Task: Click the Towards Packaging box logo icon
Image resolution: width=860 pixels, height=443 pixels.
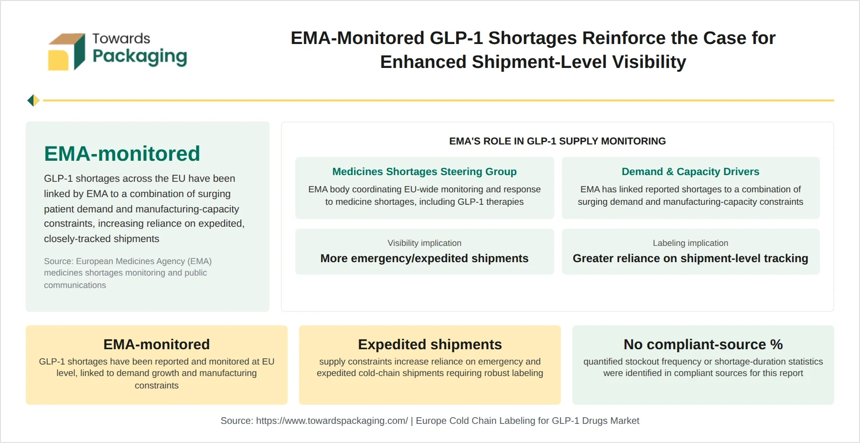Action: [x=66, y=52]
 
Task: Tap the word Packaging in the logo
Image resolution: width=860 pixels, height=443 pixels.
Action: [x=140, y=57]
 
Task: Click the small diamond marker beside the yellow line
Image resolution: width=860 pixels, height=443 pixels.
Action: [x=33, y=100]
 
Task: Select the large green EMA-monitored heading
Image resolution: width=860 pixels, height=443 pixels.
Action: [x=122, y=154]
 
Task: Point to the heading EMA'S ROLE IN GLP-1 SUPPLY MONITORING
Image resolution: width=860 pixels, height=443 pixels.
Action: [x=557, y=141]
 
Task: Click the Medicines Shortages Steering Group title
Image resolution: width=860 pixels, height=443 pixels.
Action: [x=424, y=171]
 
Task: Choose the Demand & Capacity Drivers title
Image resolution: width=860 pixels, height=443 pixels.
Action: [x=690, y=171]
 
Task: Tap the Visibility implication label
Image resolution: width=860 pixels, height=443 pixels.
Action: [x=424, y=243]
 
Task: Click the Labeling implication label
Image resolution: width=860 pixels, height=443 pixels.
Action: [x=690, y=243]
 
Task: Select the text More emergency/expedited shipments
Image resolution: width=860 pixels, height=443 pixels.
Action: [x=424, y=258]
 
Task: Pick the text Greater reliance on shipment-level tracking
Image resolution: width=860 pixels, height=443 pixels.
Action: [x=690, y=258]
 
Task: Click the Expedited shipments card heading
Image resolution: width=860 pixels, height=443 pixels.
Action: [x=430, y=344]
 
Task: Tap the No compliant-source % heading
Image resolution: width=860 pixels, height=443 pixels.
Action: [x=703, y=344]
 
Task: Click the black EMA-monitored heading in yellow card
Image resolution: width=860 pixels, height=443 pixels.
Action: [x=157, y=344]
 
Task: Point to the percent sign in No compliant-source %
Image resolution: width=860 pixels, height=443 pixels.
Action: [x=776, y=344]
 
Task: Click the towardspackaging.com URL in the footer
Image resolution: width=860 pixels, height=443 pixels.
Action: [x=332, y=421]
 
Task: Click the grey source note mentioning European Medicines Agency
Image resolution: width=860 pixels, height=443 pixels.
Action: [x=128, y=273]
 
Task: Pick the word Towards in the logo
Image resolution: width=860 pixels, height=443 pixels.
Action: [x=121, y=38]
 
